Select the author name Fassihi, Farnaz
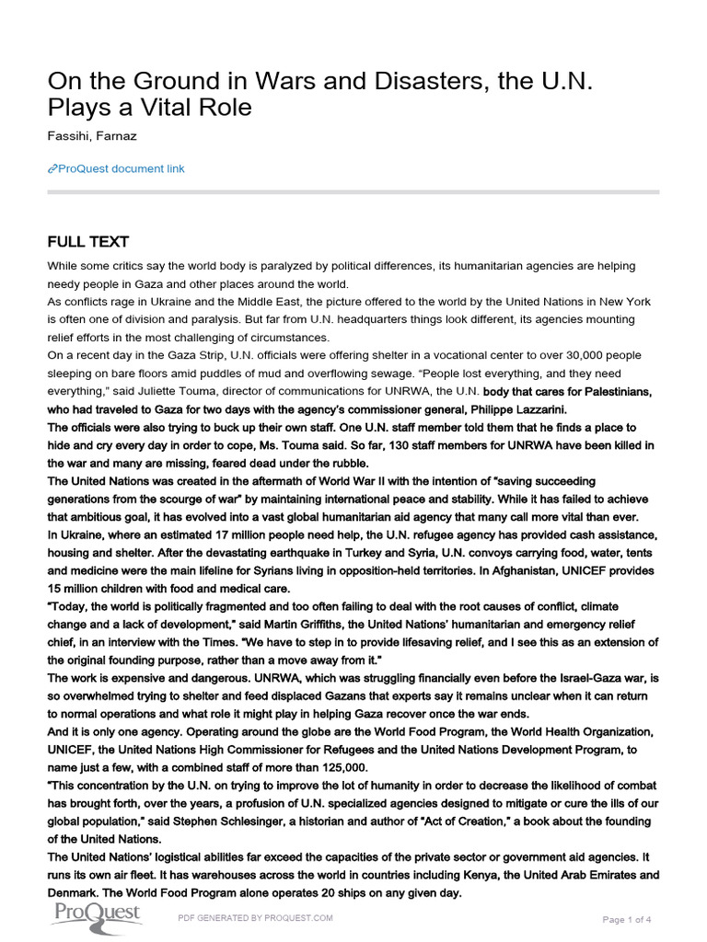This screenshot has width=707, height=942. [93, 137]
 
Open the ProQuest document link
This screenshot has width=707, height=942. [120, 168]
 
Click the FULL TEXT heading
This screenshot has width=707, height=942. [90, 242]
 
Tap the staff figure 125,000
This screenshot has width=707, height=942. [340, 767]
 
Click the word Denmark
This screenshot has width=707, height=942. [75, 891]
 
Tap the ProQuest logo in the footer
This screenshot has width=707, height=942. [96, 914]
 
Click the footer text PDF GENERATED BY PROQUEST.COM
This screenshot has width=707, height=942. [255, 918]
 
